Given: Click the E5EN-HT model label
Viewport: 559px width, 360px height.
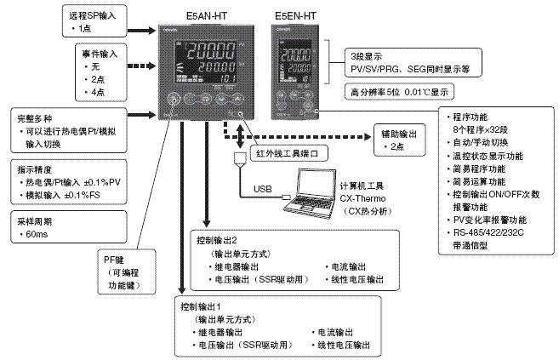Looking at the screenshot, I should click(x=294, y=16).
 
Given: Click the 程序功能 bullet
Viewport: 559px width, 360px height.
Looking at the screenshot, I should click(x=474, y=122).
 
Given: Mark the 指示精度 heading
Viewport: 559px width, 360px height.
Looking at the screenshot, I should click(x=37, y=169).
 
